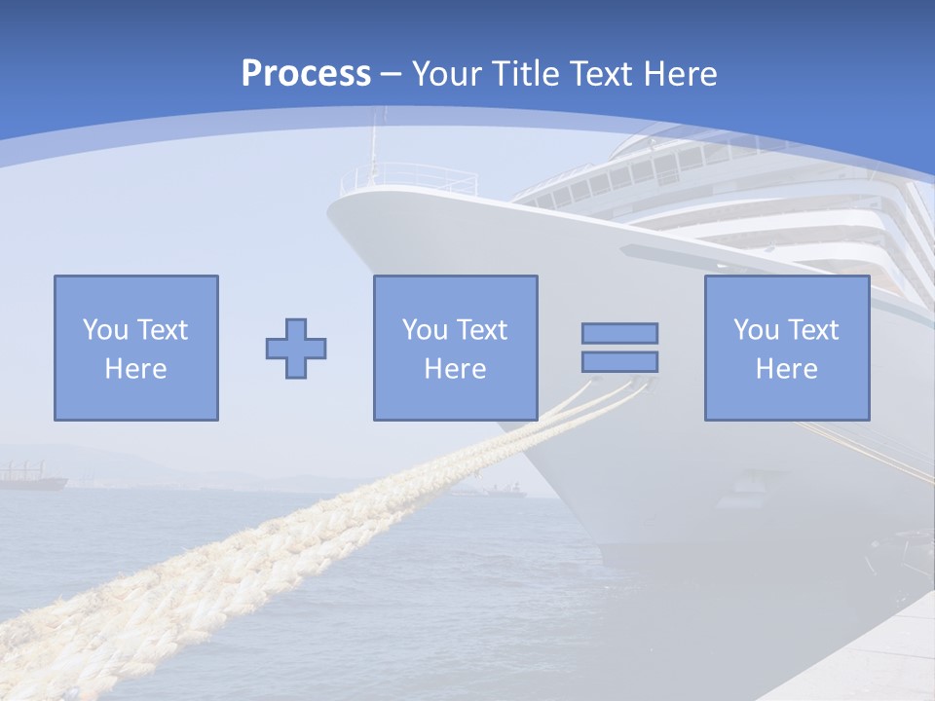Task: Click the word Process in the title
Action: point(306,74)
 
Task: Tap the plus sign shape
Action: point(296,348)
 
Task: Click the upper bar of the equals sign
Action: point(619,333)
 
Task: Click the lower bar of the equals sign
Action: point(619,361)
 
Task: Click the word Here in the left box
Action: point(135,369)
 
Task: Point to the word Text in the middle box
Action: point(482,330)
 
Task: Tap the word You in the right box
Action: point(756,330)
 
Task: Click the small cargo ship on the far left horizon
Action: point(31,478)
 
